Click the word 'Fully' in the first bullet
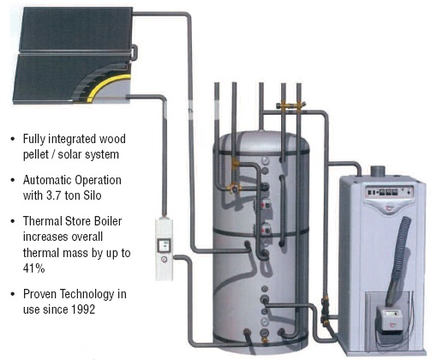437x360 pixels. (x=34, y=140)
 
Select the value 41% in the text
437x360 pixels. (x=33, y=268)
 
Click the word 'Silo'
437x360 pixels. (x=93, y=195)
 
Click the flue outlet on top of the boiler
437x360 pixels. (x=378, y=171)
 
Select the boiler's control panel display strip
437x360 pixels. (x=390, y=192)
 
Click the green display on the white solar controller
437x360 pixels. (x=165, y=245)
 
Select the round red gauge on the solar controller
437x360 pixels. (x=165, y=260)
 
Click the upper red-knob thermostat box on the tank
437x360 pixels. (x=266, y=205)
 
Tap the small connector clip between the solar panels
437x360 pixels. (x=135, y=52)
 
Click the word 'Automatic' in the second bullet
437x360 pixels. (x=45, y=180)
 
